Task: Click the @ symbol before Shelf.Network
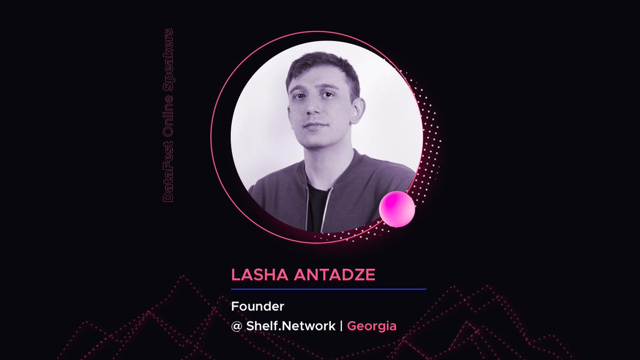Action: click(237, 326)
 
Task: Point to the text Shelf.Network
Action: click(291, 326)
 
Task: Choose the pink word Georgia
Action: click(372, 326)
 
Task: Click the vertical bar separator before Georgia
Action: click(341, 326)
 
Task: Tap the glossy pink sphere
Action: click(397, 209)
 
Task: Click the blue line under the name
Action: click(329, 289)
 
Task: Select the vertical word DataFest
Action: click(167, 181)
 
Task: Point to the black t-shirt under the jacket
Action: click(318, 208)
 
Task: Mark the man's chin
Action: click(318, 141)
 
